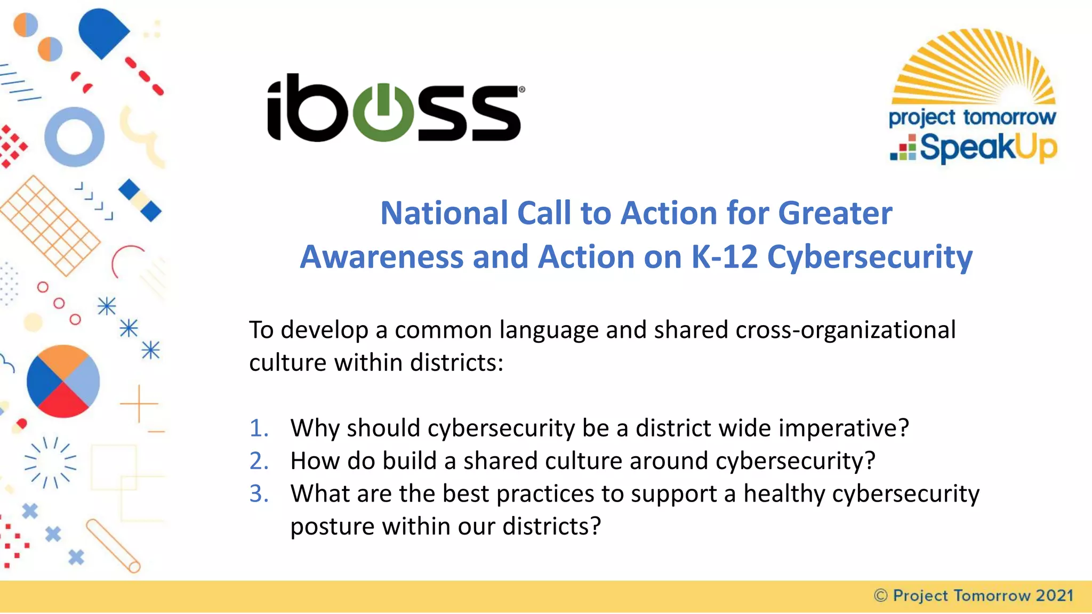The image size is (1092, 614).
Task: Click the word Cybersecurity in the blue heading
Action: point(870,257)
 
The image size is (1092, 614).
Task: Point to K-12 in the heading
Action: point(725,257)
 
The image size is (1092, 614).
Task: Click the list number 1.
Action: point(259,428)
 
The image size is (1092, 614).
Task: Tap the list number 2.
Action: point(259,461)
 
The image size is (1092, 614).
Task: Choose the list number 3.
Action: point(259,494)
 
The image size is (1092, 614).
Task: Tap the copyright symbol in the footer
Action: point(881,595)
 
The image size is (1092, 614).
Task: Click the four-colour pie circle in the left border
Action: point(63,381)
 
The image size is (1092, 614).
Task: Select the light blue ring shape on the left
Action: point(74,137)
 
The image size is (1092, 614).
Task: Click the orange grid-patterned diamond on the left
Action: point(50,225)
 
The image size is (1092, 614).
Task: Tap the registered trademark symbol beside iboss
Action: point(521,90)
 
